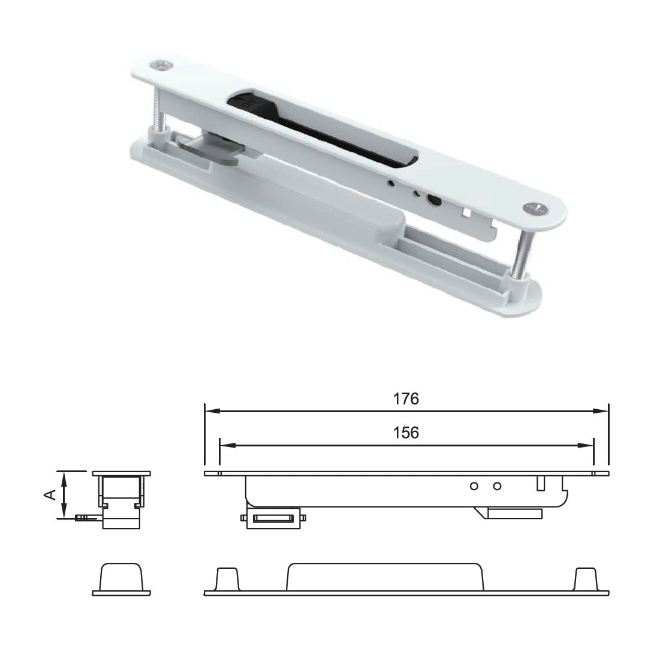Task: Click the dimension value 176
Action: coord(406,399)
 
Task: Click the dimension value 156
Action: coord(406,433)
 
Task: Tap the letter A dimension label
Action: coord(51,494)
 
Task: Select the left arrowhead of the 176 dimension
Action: coord(210,412)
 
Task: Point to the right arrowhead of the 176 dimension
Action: coord(602,412)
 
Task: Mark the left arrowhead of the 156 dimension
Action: coord(226,446)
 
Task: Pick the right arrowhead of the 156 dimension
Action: coord(587,446)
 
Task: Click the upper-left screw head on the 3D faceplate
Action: coord(161,63)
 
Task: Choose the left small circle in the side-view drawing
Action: coord(474,486)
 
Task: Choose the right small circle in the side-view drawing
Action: coord(496,486)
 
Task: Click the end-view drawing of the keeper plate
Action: coord(121,580)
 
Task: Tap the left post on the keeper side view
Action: coord(227,580)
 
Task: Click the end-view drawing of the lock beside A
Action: coord(121,498)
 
